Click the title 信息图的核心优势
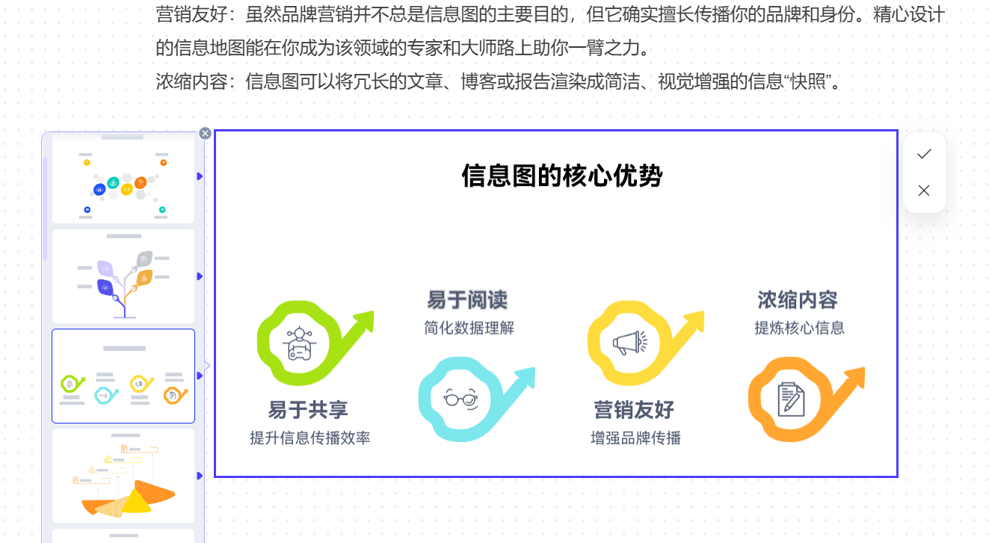coord(561,177)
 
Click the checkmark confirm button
coord(924,154)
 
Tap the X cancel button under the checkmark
coord(924,190)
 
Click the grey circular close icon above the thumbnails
coord(205,134)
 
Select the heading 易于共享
coord(308,409)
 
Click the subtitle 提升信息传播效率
coord(309,438)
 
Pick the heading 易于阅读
coord(467,300)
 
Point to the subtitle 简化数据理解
coord(469,328)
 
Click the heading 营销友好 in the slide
coord(634,409)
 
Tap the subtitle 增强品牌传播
coord(635,438)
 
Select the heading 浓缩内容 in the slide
coord(798,300)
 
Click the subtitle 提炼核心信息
coord(799,328)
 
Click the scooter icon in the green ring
coord(300,344)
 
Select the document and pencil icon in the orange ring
coord(791,398)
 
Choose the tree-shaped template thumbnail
coord(123,277)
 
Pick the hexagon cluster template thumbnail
coord(123,179)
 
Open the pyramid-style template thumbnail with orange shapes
coord(123,475)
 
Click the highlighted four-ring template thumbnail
coord(123,376)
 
